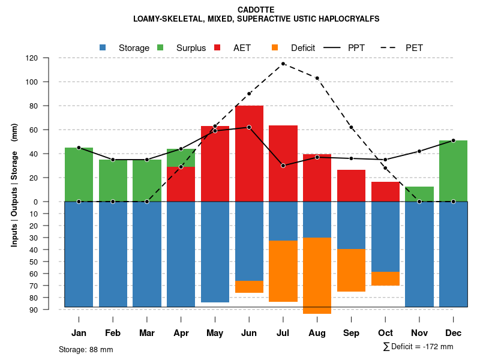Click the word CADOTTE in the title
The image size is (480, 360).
pos(256,10)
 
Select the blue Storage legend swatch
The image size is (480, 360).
pos(103,47)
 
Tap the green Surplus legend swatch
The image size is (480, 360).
pos(160,47)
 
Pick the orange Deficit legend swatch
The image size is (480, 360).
pos(275,47)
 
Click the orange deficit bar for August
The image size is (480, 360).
pos(317,275)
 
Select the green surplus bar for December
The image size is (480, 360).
pos(453,171)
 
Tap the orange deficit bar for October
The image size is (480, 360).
pos(385,278)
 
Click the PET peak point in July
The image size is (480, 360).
pos(283,64)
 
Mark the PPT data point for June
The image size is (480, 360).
pos(249,127)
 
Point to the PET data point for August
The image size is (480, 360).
pos(317,78)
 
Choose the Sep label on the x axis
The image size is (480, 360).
pos(351,333)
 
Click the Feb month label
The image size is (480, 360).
pos(113,333)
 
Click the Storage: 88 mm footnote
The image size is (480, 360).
pos(86,349)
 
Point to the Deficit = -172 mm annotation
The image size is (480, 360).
pos(418,347)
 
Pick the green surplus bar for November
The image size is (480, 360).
pos(419,194)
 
